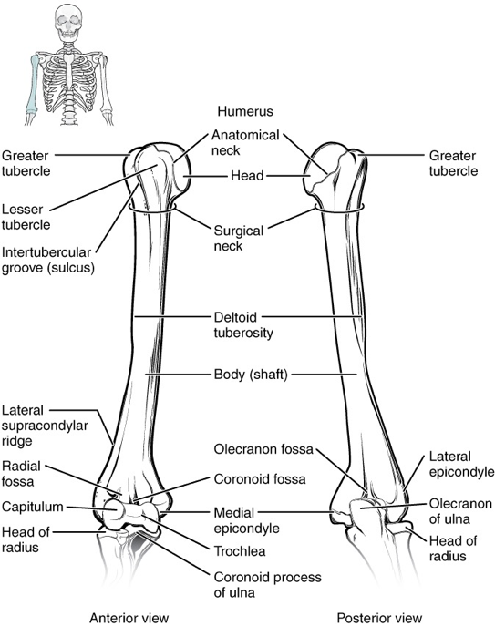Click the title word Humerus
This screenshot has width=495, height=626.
click(x=245, y=111)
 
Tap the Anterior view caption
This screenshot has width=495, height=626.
click(x=129, y=617)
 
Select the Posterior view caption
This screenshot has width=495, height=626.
click(x=379, y=617)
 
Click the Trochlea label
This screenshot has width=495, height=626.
click(x=240, y=551)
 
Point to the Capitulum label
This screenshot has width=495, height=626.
click(x=32, y=507)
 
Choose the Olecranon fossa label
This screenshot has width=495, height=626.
click(x=263, y=449)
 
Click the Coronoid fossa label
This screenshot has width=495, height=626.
click(x=260, y=478)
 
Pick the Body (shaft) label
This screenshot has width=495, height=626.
click(x=251, y=375)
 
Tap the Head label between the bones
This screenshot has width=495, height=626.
click(x=247, y=175)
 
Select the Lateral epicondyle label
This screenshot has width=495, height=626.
click(x=461, y=465)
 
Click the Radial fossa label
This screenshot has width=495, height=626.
click(x=21, y=474)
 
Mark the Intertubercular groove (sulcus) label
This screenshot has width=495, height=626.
click(x=48, y=260)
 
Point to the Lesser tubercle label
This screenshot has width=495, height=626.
click(x=26, y=217)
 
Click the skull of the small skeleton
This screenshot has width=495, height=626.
click(x=68, y=22)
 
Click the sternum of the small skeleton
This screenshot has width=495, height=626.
click(x=69, y=70)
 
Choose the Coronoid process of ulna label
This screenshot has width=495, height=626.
click(x=268, y=584)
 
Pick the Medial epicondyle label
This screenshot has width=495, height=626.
click(x=246, y=520)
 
